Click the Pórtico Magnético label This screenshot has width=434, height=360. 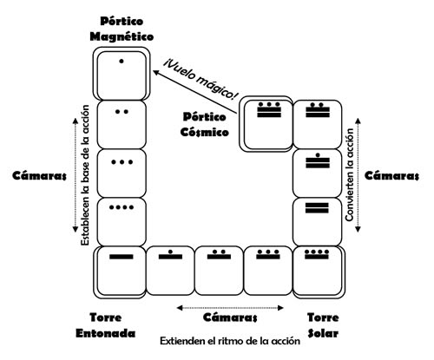point(122,29)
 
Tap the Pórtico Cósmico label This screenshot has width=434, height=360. point(204,125)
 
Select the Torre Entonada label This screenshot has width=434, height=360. point(106,325)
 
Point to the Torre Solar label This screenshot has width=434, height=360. point(323,325)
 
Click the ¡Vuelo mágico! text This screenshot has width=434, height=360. point(201,78)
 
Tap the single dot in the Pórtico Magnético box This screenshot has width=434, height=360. point(122,61)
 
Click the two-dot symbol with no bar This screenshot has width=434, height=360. point(122,112)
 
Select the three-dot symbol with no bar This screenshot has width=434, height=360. point(122,162)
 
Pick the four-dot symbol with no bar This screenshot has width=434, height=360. point(122,207)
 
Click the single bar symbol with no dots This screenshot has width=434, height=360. point(122,257)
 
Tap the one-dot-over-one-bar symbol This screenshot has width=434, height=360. point(170,254)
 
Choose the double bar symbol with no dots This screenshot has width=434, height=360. point(317,208)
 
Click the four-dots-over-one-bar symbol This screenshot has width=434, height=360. point(317,254)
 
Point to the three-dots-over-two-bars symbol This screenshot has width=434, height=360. point(269,109)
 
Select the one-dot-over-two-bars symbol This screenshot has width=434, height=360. point(318,160)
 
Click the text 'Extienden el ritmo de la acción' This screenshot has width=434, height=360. point(230,341)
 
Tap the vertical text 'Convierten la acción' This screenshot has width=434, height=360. point(349,175)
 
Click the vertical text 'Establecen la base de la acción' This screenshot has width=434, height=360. point(85,175)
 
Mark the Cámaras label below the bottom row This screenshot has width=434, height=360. point(230,317)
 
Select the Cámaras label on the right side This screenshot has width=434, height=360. point(391,175)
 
